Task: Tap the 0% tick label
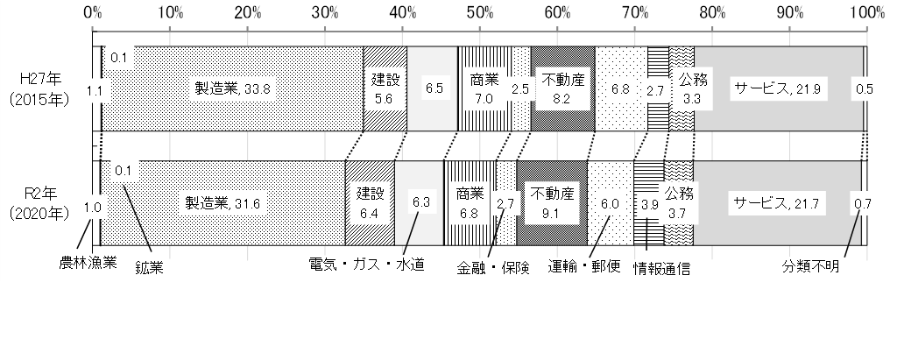[x=93, y=12]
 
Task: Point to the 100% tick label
[x=866, y=12]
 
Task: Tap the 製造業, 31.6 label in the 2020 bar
[x=221, y=204]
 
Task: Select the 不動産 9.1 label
[x=551, y=203]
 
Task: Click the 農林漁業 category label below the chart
[x=88, y=260]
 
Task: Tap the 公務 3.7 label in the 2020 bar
[x=679, y=202]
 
